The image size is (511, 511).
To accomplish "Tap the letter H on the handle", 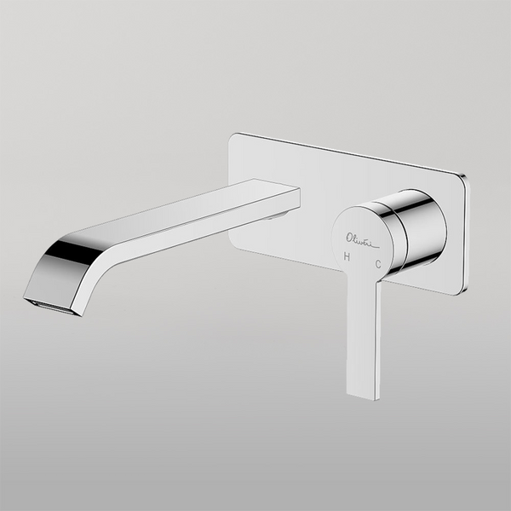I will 347,255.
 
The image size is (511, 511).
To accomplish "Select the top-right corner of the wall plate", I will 463,175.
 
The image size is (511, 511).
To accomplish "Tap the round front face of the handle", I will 364,241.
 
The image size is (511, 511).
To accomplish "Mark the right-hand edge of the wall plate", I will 465,234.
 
